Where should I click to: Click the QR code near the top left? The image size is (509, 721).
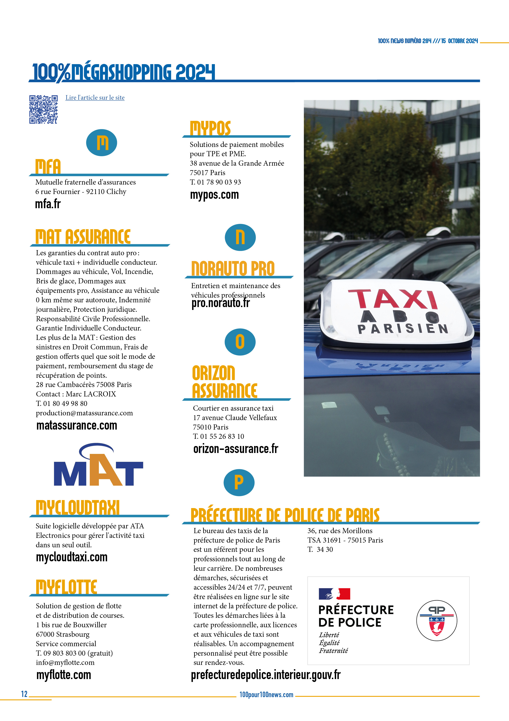[x=43, y=109]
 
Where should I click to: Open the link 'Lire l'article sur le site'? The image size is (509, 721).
[x=95, y=98]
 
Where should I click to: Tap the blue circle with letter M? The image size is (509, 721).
[x=101, y=143]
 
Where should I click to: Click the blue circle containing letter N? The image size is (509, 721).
[x=240, y=237]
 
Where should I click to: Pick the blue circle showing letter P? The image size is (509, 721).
[x=239, y=482]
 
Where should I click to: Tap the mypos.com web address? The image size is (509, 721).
[x=214, y=195]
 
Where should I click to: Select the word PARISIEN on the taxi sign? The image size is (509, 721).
[x=403, y=328]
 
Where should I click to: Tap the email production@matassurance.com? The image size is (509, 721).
[x=84, y=413]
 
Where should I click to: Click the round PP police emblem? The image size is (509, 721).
[x=437, y=620]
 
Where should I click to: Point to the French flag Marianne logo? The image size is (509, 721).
[x=334, y=594]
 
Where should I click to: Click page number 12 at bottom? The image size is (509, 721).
[x=24, y=694]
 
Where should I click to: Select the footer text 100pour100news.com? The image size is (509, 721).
[x=266, y=695]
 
